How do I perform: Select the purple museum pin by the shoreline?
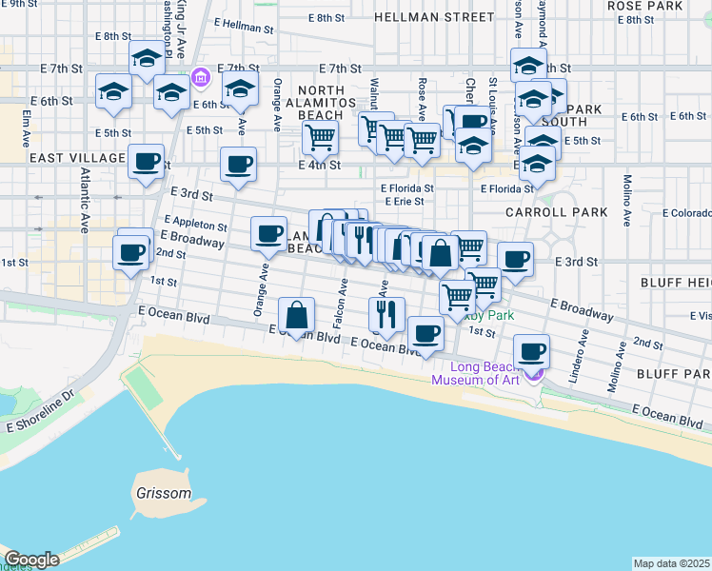535,371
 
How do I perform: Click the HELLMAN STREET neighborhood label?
434,17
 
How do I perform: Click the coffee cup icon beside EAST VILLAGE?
146,163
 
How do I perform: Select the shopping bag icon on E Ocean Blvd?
297,315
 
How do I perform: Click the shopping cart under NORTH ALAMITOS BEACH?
321,137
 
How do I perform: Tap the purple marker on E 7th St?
201,76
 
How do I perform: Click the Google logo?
31,560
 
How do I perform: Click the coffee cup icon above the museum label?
532,352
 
